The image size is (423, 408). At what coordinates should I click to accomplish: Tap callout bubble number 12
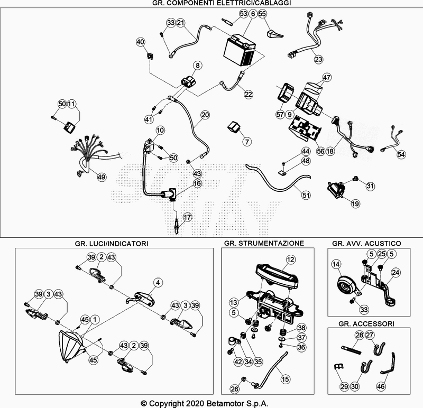tap(290, 259)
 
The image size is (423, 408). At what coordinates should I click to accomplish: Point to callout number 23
tap(318, 59)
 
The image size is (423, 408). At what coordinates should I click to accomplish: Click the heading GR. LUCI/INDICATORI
tap(112, 243)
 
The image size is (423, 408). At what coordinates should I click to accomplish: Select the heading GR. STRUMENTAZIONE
tap(264, 243)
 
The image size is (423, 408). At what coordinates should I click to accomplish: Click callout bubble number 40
tap(140, 42)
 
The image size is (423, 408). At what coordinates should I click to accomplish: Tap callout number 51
tap(291, 195)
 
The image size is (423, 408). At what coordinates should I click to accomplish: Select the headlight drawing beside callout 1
tap(71, 346)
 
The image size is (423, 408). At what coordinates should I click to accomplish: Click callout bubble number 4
tap(158, 282)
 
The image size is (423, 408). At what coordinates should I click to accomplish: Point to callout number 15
tap(286, 378)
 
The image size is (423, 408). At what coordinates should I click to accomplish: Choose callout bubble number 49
tap(101, 177)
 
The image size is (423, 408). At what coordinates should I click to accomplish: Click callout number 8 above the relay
tap(197, 66)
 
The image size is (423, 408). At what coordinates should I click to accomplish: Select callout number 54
tap(401, 154)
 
